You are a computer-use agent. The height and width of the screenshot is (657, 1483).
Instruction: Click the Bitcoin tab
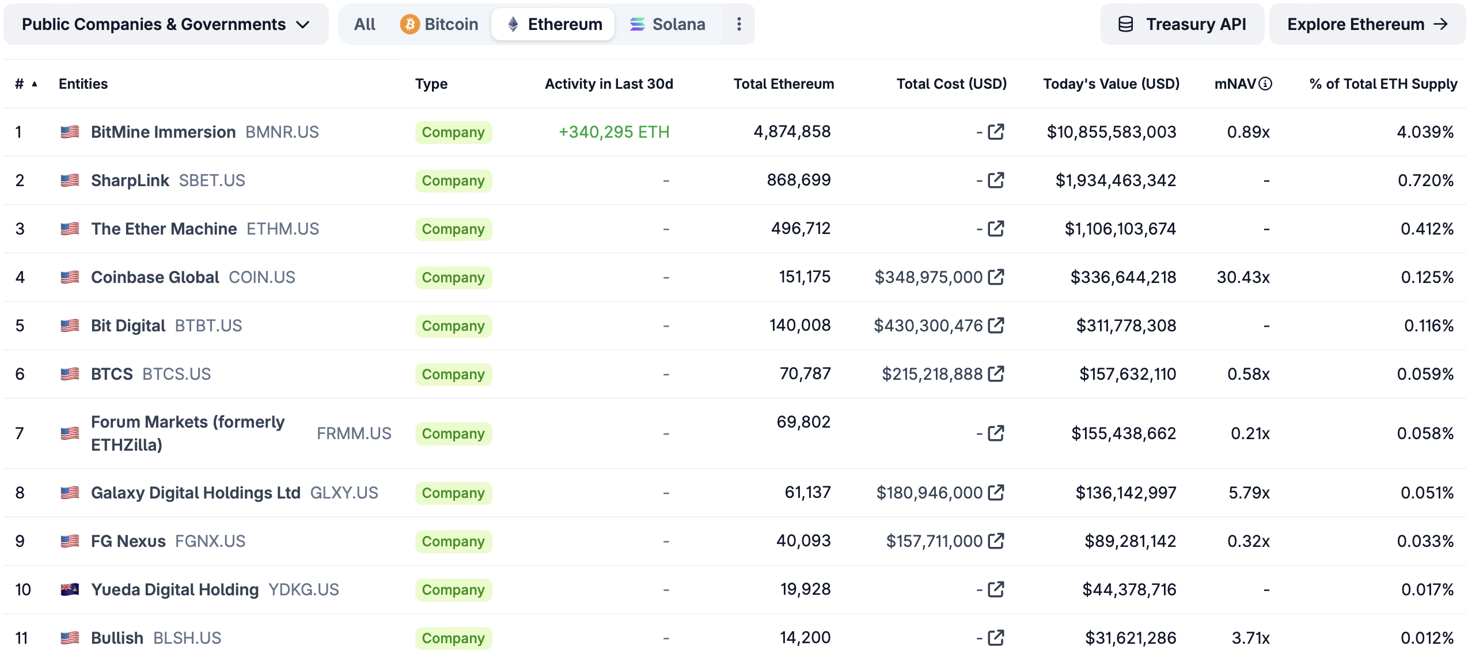[x=439, y=24]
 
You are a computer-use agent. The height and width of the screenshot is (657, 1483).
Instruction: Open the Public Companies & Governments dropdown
[x=166, y=24]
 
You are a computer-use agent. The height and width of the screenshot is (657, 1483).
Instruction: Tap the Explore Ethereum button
[x=1367, y=24]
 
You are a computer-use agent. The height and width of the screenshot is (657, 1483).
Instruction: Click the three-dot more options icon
[x=739, y=24]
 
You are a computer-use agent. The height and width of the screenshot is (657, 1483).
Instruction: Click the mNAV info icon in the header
[x=1265, y=84]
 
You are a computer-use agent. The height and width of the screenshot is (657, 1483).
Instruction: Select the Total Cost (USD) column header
[x=951, y=84]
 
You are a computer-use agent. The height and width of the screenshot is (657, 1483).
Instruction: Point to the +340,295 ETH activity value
[x=613, y=132]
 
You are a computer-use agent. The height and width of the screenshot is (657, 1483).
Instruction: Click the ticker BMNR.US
[x=282, y=132]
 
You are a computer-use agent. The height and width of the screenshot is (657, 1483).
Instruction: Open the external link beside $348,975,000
[x=996, y=277]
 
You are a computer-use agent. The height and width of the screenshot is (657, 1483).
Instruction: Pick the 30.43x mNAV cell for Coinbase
[x=1243, y=277]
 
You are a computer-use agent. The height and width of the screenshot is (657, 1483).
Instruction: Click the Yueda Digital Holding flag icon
[x=70, y=590]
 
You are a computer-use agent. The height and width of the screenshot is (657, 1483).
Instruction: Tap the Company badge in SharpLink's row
[x=453, y=180]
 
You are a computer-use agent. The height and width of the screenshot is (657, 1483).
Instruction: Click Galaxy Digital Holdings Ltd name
[x=195, y=493]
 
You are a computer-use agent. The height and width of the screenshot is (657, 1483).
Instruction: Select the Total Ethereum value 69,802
[x=803, y=422]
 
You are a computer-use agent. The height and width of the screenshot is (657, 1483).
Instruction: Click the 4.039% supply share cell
[x=1425, y=132]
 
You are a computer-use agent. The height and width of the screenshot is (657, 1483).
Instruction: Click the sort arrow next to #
[x=35, y=84]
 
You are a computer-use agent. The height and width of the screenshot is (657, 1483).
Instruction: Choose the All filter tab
[x=365, y=24]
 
